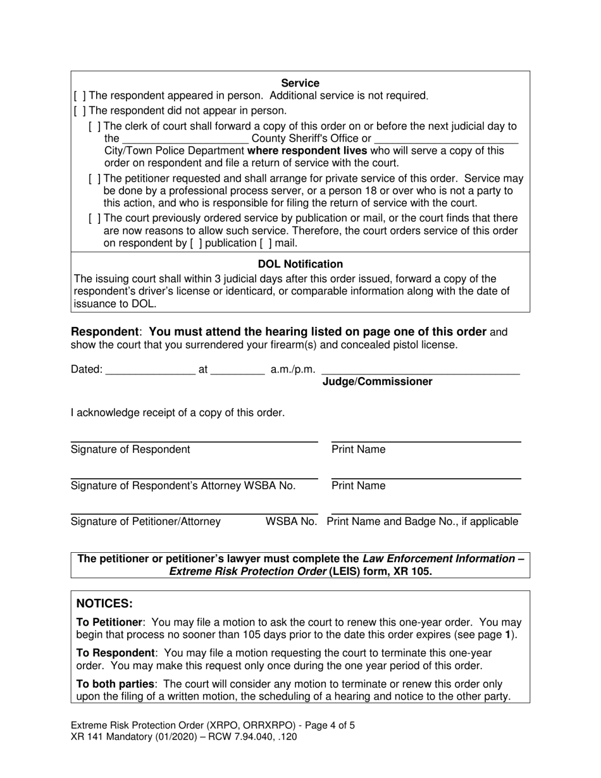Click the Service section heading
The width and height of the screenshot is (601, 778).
click(300, 83)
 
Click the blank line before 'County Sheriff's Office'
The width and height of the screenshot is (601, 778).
click(185, 139)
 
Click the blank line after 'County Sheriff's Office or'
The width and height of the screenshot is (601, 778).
click(446, 139)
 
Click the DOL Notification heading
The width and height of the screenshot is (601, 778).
click(300, 264)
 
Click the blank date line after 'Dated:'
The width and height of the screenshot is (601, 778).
click(151, 370)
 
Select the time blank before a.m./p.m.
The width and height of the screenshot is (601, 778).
click(237, 370)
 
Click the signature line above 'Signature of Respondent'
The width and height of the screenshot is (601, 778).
click(194, 441)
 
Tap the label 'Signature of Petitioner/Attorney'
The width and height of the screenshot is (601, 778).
click(146, 522)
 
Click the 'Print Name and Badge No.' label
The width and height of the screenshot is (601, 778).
click(423, 522)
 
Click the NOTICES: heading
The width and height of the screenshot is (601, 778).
click(104, 604)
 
